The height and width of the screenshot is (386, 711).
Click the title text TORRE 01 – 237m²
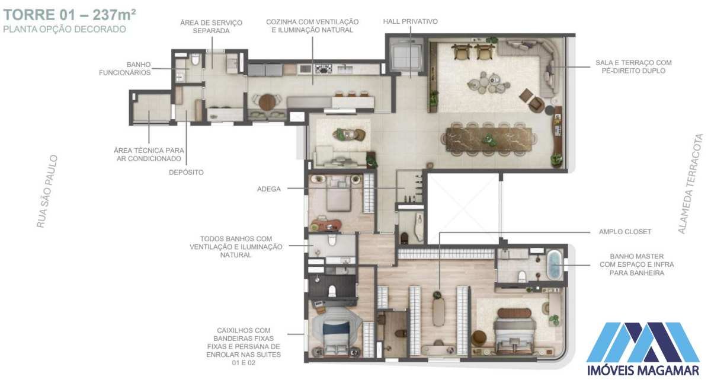click(70, 15)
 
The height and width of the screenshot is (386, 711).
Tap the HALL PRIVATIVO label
click(411, 21)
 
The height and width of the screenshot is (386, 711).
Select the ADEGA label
click(269, 189)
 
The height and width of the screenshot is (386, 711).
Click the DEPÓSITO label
click(186, 172)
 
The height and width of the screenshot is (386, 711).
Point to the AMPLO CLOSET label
click(625, 232)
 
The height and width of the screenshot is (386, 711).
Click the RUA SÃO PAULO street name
click(47, 192)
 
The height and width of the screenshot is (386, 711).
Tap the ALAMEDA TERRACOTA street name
click(691, 184)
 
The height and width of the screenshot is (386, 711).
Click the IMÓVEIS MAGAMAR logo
click(643, 349)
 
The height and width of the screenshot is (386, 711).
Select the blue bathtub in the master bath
click(555, 265)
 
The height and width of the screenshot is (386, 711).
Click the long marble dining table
click(489, 139)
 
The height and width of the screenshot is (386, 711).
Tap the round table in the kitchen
click(267, 103)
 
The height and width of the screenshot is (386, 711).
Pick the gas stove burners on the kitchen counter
click(323, 69)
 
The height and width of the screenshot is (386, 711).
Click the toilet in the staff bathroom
click(195, 60)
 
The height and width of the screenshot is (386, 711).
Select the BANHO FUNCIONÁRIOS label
click(125, 69)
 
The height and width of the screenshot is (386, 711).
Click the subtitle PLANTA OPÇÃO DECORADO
click(65, 29)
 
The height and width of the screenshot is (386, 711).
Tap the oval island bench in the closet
click(438, 312)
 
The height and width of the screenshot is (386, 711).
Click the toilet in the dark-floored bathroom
click(332, 291)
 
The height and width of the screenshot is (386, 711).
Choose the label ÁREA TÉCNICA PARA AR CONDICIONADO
click(149, 154)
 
